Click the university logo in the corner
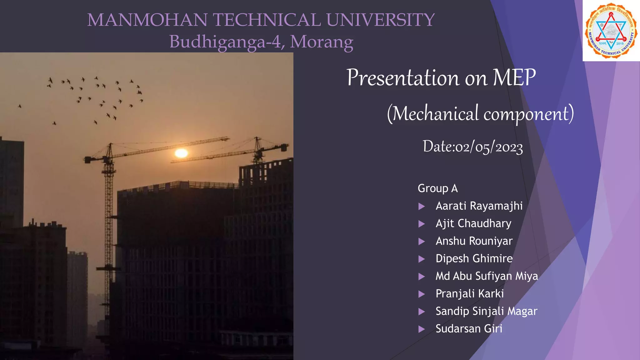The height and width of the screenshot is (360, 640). tap(611, 31)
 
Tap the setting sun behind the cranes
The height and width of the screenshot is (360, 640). tap(181, 153)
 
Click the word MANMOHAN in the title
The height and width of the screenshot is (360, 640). tap(147, 20)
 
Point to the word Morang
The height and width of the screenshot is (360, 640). tap(322, 42)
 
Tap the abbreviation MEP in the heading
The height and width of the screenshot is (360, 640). tap(514, 77)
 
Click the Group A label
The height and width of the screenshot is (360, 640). tap(437, 188)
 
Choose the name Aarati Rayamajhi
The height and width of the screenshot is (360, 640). tap(479, 206)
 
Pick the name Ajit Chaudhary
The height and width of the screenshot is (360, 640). tap(473, 223)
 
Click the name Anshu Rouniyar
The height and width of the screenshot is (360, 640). tap(474, 241)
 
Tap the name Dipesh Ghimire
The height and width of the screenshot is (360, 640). tap(474, 258)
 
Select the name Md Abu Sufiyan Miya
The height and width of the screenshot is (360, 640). tap(487, 276)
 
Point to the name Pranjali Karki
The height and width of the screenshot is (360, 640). tap(470, 293)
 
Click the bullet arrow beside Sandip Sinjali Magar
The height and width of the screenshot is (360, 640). tap(422, 312)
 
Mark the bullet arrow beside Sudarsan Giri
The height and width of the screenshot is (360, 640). tap(422, 329)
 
